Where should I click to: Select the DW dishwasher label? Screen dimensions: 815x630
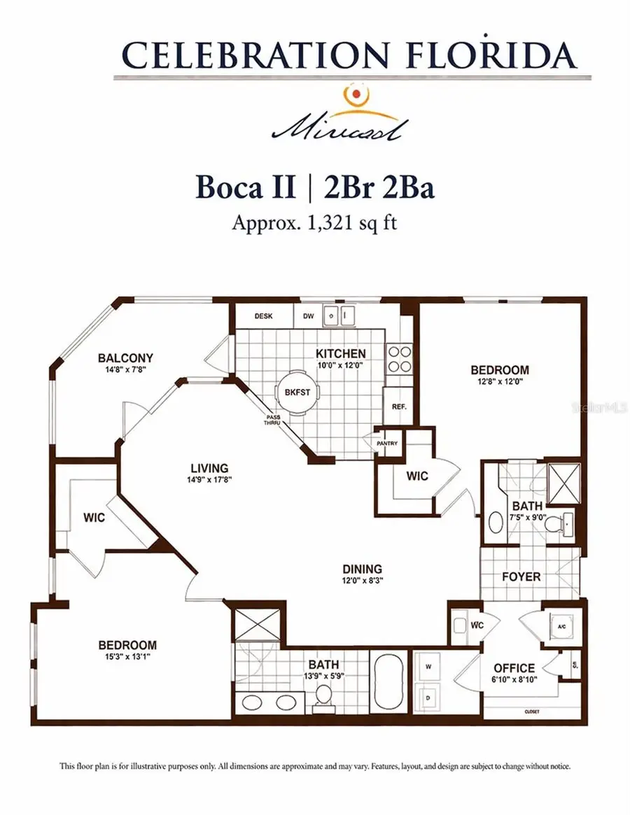(308, 316)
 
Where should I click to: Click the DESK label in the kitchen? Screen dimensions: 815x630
(263, 316)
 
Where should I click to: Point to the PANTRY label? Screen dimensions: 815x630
(387, 442)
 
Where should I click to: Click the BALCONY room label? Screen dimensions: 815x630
(126, 358)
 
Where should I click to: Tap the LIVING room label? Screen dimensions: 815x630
(210, 468)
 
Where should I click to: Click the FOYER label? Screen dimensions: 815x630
(521, 576)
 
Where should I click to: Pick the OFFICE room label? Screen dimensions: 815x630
(514, 668)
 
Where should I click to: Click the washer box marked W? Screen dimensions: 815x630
(428, 667)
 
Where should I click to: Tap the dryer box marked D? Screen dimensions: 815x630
(428, 697)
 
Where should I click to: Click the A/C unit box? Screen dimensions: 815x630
(561, 628)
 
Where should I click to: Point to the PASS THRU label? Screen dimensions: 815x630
(273, 420)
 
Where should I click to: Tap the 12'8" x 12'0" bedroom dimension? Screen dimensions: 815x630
(499, 382)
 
